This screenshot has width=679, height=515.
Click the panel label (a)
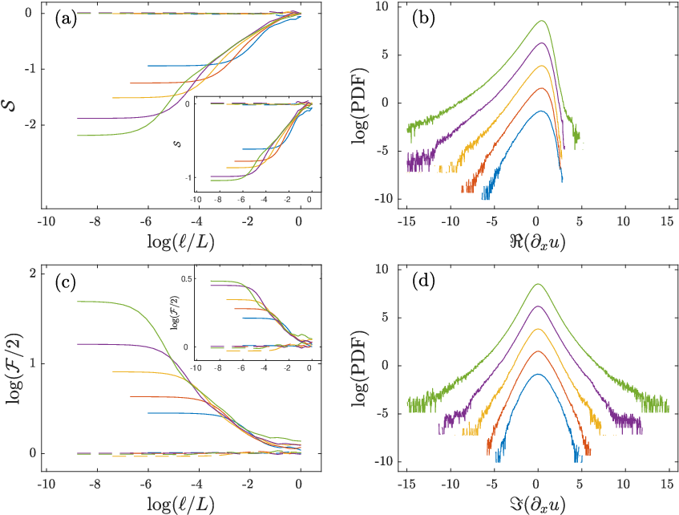pos(66,19)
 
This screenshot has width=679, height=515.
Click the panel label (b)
pos(423,19)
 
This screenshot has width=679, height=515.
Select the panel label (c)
pos(66,282)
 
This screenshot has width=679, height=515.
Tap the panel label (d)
pos(423,282)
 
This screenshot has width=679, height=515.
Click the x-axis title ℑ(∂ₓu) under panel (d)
pos(537,505)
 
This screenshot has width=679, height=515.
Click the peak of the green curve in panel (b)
pos(542,20)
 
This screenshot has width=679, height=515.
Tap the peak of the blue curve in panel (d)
pos(538,374)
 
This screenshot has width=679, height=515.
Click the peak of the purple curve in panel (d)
pos(538,306)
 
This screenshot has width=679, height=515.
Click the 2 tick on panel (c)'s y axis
pos(33,274)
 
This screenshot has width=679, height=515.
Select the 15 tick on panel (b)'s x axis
pos(667,221)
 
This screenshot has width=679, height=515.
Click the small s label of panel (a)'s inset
pos(178,143)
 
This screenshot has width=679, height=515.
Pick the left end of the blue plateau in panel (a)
pos(148,66)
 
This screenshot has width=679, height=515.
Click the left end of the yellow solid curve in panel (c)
pos(112,372)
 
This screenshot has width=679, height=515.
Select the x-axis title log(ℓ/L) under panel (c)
pos(180,505)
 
